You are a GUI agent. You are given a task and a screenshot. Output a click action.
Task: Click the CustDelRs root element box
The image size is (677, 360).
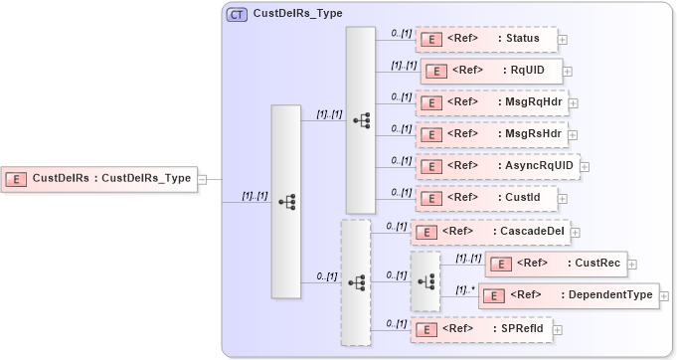99,178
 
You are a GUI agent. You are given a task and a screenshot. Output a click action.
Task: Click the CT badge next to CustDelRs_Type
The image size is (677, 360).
238,15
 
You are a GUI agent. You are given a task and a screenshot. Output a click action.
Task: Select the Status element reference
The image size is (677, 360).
486,39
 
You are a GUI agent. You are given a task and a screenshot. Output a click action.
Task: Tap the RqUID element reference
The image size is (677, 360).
492,71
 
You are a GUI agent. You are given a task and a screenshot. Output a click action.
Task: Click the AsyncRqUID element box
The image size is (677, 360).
496,166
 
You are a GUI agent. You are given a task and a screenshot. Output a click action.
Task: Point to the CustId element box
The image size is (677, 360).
486,198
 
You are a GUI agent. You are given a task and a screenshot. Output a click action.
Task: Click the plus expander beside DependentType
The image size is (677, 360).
664,296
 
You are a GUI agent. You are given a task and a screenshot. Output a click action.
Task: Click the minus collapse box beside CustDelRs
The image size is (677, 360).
202,179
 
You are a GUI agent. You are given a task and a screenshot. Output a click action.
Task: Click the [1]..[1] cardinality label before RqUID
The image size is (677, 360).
404,65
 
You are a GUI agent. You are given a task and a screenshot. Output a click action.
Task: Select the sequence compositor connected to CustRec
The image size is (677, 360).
425,281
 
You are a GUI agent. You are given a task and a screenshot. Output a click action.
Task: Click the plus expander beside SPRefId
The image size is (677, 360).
561,329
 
